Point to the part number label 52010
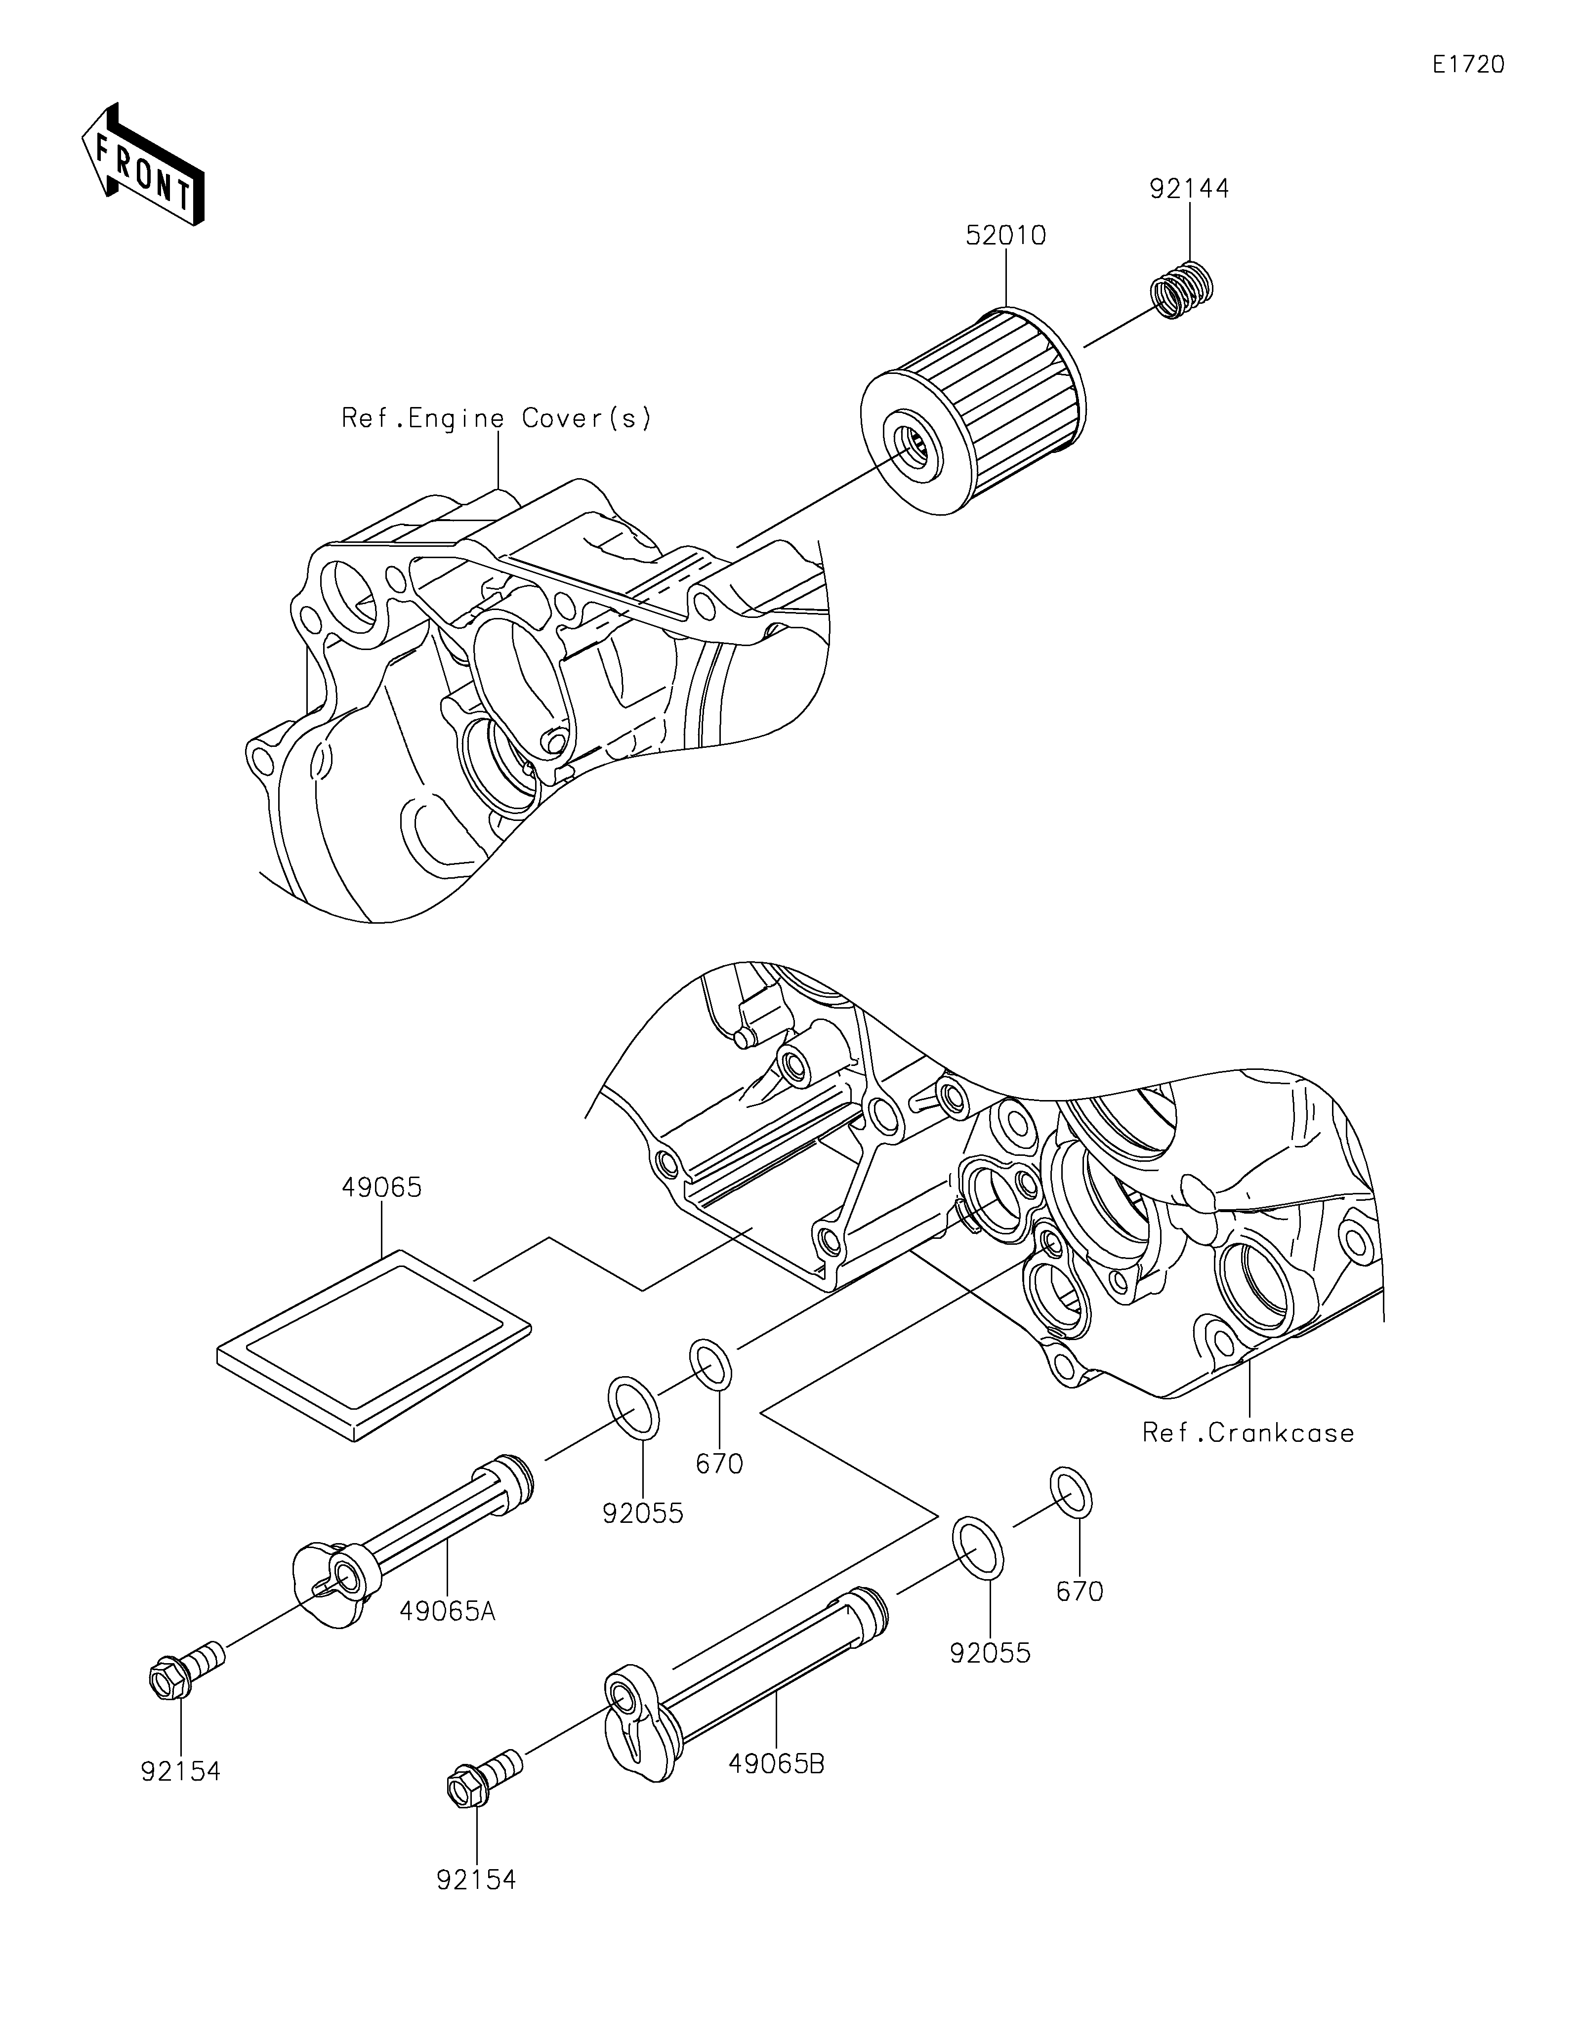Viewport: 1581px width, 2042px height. (x=1006, y=236)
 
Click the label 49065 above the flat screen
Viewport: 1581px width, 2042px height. (x=381, y=1187)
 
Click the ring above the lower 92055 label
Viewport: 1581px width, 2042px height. (x=978, y=1548)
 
